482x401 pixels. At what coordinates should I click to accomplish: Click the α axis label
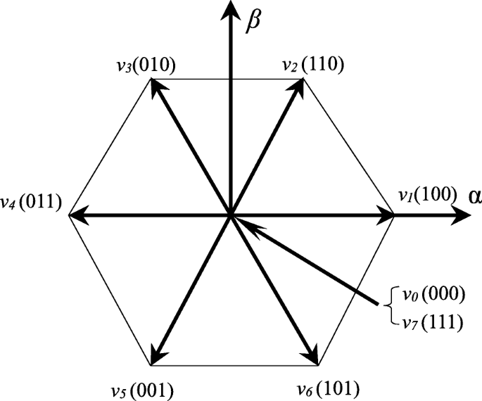[x=474, y=196]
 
